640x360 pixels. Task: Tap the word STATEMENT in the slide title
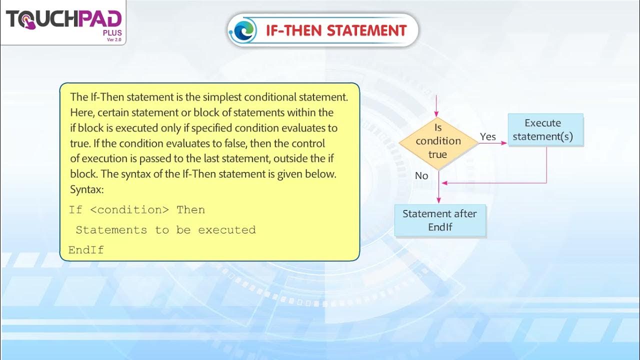pyautogui.click(x=366, y=30)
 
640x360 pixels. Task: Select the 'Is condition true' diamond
pyautogui.click(x=438, y=141)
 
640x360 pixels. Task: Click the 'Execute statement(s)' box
pyautogui.click(x=545, y=129)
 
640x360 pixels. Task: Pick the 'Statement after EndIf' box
pyautogui.click(x=440, y=220)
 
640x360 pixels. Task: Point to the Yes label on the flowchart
pyautogui.click(x=487, y=136)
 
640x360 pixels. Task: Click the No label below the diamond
pyautogui.click(x=421, y=175)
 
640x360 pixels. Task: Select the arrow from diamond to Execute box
pyautogui.click(x=492, y=143)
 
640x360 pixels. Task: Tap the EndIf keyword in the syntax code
pyautogui.click(x=86, y=250)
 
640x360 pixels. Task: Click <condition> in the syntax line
pyautogui.click(x=129, y=210)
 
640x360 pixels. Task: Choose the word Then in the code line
pyautogui.click(x=190, y=210)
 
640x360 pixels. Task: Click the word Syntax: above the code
pyautogui.click(x=86, y=190)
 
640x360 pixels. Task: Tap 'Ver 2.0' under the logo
pyautogui.click(x=114, y=40)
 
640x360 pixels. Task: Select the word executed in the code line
pyautogui.click(x=226, y=230)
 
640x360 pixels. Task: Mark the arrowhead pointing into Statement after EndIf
pyautogui.click(x=438, y=200)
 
